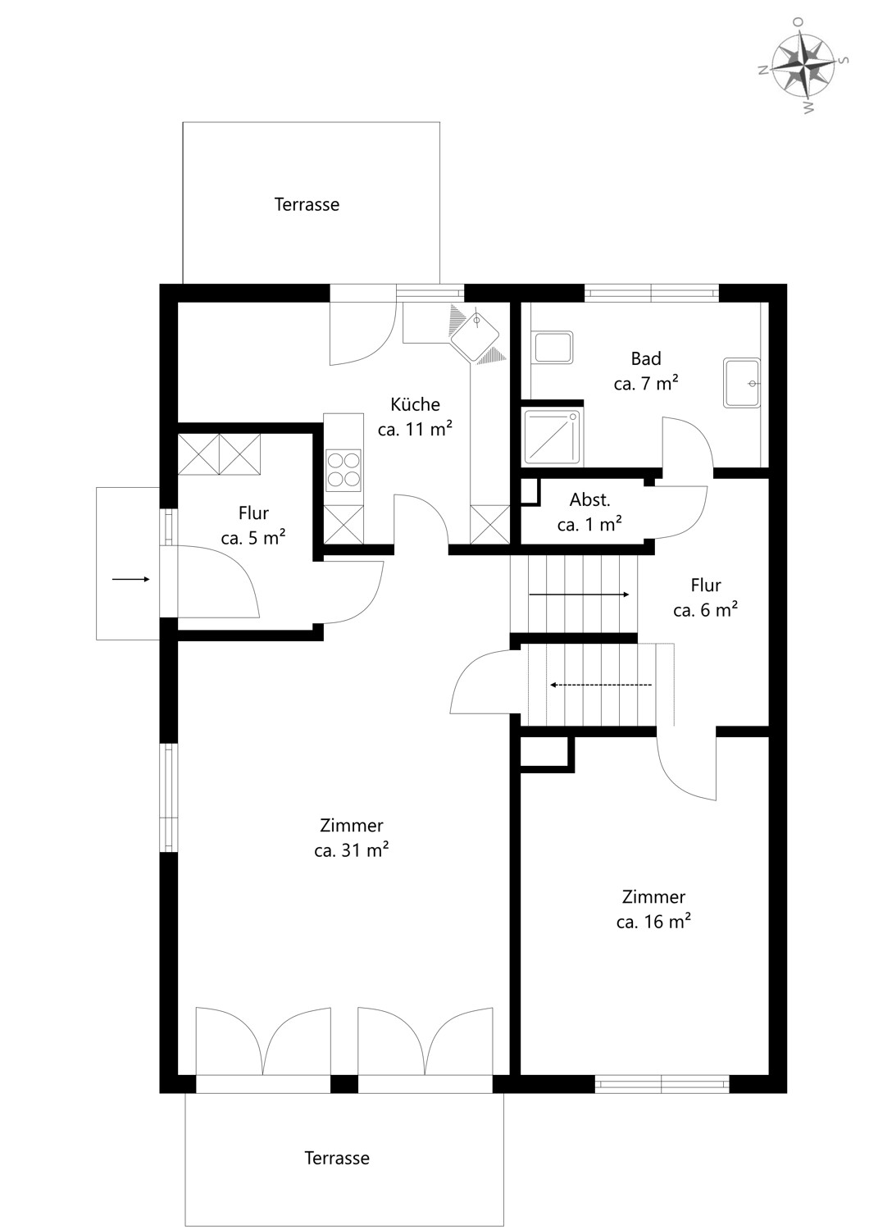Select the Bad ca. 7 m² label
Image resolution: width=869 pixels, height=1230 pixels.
point(645,371)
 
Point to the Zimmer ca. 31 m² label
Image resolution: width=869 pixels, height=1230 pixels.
point(352,838)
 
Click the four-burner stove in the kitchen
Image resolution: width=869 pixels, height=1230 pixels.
point(344,471)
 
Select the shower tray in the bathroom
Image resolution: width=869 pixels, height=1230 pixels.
point(551,436)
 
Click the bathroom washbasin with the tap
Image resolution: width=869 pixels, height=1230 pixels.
point(742,383)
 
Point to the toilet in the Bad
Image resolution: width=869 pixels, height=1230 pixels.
point(553,347)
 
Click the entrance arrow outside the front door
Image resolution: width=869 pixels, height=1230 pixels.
point(130,579)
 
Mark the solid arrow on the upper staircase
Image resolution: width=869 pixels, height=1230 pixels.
point(579,594)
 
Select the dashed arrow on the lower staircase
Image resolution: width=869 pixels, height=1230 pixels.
point(601,685)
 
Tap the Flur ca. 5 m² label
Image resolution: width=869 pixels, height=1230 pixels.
point(253,526)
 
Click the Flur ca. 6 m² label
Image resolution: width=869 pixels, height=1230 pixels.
point(705,598)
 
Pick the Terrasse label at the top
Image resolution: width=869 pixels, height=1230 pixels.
point(307,204)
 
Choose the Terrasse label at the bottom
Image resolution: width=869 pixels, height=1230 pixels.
point(337,1158)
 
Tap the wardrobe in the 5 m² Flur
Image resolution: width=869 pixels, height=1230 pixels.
point(219,454)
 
